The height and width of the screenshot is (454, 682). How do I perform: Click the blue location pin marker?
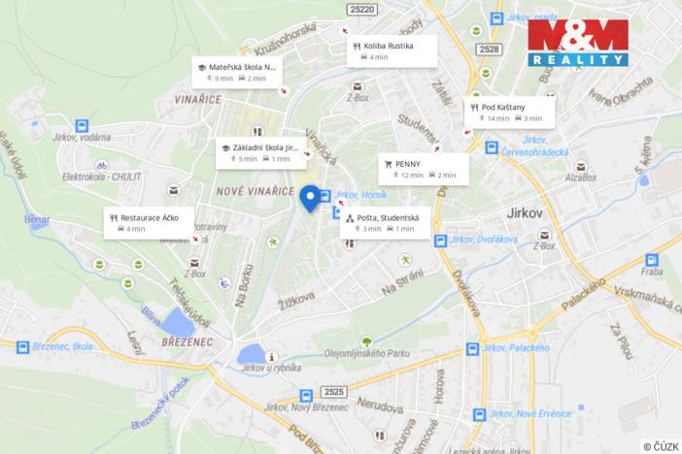tap(311, 197)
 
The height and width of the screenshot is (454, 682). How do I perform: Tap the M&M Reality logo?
tap(578, 43)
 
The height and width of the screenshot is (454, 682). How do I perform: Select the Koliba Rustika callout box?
tap(392, 50)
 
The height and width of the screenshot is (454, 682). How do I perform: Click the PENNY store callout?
tap(423, 169)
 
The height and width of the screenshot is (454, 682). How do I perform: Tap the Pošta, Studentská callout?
tap(386, 222)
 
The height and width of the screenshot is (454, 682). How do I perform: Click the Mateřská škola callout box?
tap(236, 72)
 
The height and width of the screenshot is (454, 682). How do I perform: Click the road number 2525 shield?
tap(334, 391)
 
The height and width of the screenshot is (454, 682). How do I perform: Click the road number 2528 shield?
tap(490, 49)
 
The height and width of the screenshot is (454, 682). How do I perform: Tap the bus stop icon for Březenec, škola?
tap(22, 346)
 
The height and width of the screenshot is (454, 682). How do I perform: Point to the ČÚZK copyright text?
tap(660, 445)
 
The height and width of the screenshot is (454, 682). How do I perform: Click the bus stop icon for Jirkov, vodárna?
tap(82, 126)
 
